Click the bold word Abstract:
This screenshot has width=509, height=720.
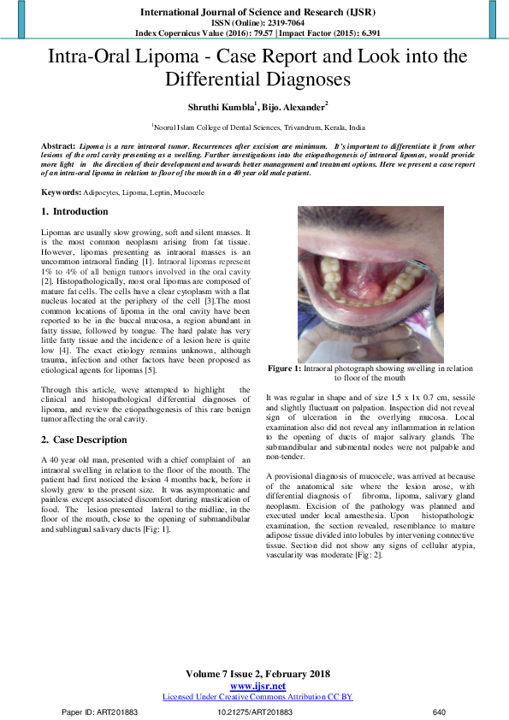tap(58, 147)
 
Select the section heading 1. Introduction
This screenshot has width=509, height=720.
tap(75, 211)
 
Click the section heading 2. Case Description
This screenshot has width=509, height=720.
tap(84, 440)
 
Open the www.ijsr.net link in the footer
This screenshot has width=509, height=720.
tap(257, 686)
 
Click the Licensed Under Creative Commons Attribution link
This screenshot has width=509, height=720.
tap(257, 697)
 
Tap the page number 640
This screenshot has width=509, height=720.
tap(440, 711)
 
